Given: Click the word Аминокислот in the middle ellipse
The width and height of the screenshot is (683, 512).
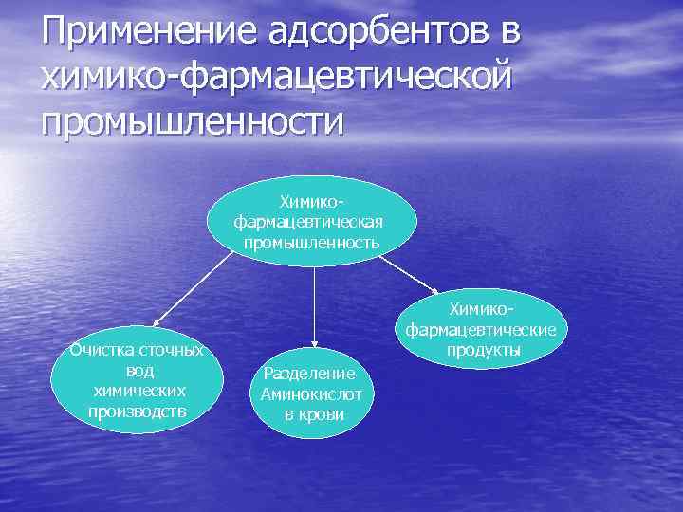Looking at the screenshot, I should point(312,393).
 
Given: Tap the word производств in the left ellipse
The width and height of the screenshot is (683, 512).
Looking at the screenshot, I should point(138,411).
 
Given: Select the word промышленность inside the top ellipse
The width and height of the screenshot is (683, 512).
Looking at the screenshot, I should point(312,242).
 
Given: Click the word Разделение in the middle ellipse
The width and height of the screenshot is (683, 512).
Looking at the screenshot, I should point(310,374).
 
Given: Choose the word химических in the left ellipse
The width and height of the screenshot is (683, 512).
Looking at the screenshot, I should point(138,391).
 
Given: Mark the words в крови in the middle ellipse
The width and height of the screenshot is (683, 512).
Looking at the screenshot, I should point(313,414).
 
